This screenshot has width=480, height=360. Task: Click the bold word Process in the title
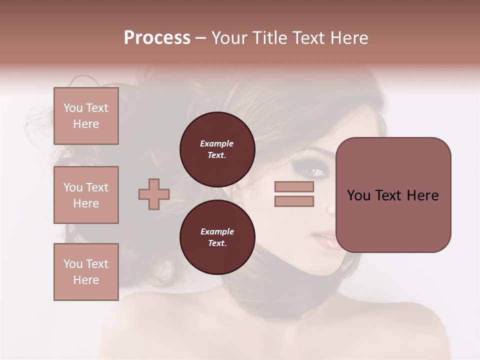click(157, 38)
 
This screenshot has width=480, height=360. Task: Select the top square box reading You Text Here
click(86, 116)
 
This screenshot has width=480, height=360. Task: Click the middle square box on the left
click(86, 195)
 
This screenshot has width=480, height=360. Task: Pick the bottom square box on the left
click(86, 272)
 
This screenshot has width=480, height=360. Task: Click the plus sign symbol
click(154, 194)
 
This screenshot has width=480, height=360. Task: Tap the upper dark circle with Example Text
click(217, 149)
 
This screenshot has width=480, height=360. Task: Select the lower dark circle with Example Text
click(217, 237)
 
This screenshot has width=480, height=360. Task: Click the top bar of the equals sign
click(294, 186)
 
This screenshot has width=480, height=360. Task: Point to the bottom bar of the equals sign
click(294, 201)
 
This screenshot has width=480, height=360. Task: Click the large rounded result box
click(393, 195)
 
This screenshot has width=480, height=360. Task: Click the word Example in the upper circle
click(217, 143)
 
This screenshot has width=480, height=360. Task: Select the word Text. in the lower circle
click(217, 243)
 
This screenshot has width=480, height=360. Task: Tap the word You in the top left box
click(72, 108)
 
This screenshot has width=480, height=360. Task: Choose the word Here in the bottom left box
click(86, 280)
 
